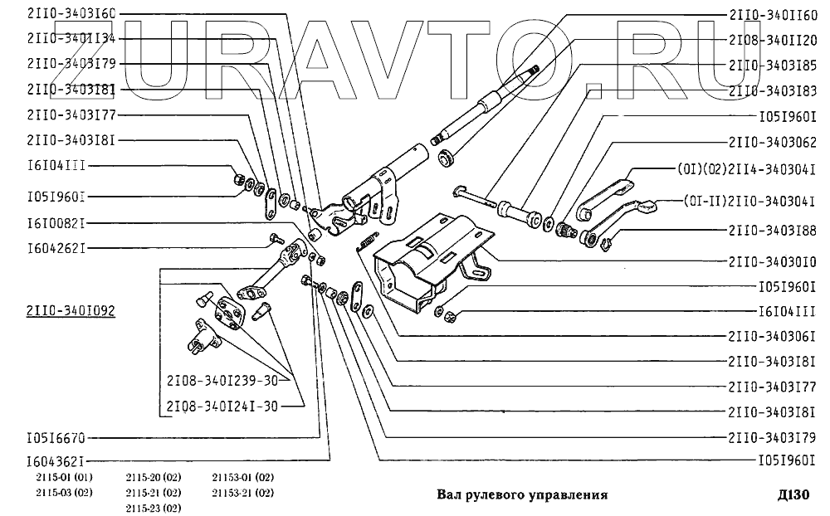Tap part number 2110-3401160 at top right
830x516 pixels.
(x=774, y=14)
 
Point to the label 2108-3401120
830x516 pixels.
(x=774, y=39)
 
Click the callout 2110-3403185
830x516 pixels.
(x=774, y=64)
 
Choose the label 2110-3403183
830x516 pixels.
(x=774, y=90)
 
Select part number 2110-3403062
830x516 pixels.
(x=774, y=141)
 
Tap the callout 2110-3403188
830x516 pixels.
(x=774, y=230)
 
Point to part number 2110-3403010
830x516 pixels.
(x=774, y=260)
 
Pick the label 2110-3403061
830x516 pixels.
(x=774, y=337)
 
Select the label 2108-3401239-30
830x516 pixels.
(x=222, y=381)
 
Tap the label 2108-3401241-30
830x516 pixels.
(x=222, y=406)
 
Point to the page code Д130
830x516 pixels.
(x=793, y=495)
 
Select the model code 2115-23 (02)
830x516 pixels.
(x=154, y=507)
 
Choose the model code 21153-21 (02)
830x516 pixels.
(x=242, y=493)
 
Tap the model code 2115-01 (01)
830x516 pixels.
(x=64, y=478)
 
